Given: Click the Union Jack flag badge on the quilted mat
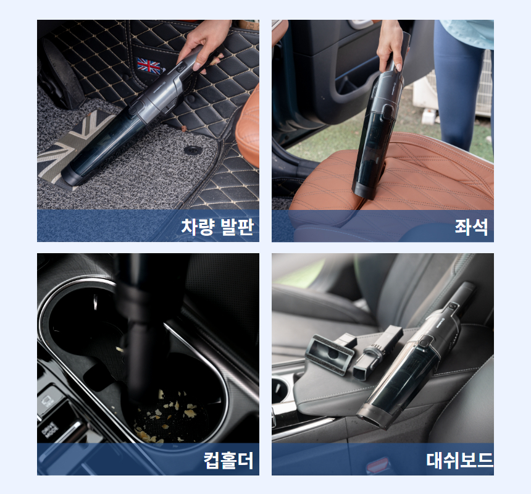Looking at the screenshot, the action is pyautogui.click(x=149, y=66).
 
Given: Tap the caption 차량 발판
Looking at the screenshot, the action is pyautogui.click(x=217, y=227).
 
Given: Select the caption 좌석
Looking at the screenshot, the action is pyautogui.click(x=471, y=227).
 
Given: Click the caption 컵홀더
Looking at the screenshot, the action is pyautogui.click(x=228, y=460).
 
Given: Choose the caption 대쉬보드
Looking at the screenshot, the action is pyautogui.click(x=459, y=460).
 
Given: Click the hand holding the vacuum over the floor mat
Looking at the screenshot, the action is pyautogui.click(x=204, y=44).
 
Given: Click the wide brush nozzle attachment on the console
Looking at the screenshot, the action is pyautogui.click(x=331, y=353).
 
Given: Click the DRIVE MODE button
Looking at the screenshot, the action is pyautogui.click(x=50, y=430).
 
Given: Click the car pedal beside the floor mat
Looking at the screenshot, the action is pyautogui.click(x=62, y=73).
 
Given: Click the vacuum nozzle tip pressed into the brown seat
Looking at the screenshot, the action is pyautogui.click(x=365, y=191).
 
